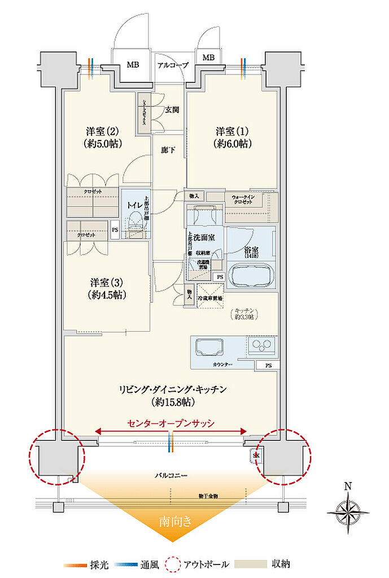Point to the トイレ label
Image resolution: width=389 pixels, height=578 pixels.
pos(134,205)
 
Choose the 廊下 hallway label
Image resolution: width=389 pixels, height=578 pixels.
pos(168,151)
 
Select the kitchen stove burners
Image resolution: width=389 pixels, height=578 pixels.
pos(262,345)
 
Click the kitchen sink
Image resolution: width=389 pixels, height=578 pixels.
pos(208,345)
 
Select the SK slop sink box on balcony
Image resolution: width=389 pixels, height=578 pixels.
pos(256,456)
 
